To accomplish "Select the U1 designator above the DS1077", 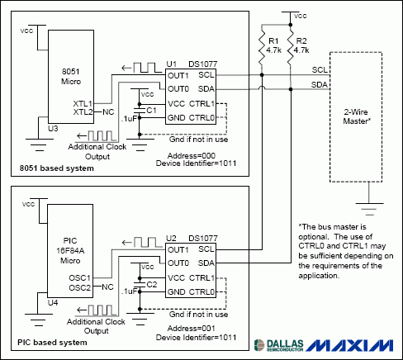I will point(172,64).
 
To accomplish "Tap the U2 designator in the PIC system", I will point(172,238).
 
